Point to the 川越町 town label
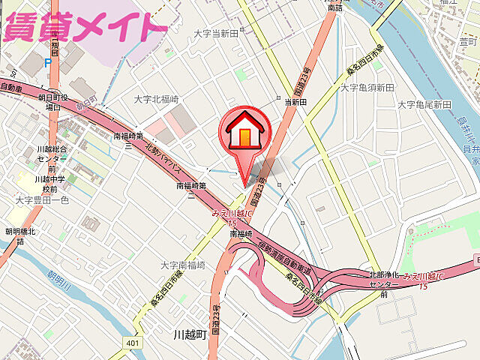coord(189,334)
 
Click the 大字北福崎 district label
coord(157,100)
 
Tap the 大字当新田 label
coord(215,34)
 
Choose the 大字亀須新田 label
coord(367,88)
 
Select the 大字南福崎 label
coord(183,265)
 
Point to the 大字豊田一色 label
coord(42,200)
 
